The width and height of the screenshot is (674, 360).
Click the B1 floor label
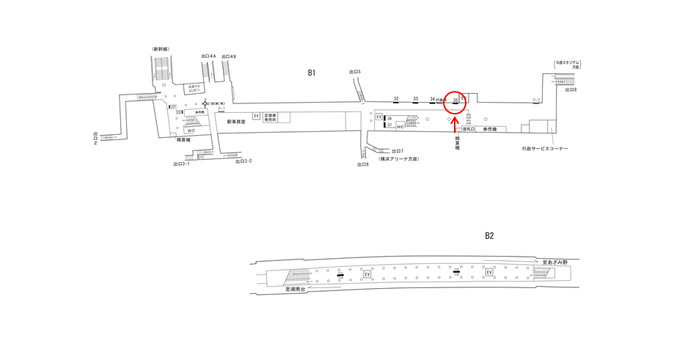(312, 73)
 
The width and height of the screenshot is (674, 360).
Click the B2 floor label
(489, 235)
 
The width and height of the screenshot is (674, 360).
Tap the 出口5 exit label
(355, 71)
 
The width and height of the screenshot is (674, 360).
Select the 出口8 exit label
(571, 89)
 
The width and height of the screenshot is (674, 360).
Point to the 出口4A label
(208, 56)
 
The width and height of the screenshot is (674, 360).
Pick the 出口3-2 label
(243, 161)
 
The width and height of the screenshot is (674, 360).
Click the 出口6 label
(362, 164)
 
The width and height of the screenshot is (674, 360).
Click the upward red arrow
(455, 121)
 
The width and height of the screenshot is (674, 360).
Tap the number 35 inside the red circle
(455, 99)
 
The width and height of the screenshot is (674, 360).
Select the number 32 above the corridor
(396, 98)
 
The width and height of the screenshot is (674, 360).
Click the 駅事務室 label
(236, 121)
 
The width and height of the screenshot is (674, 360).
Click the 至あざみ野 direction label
(555, 262)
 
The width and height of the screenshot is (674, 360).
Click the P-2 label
(536, 100)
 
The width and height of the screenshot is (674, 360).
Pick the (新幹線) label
(161, 49)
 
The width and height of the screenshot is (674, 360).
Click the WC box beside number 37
(400, 126)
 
